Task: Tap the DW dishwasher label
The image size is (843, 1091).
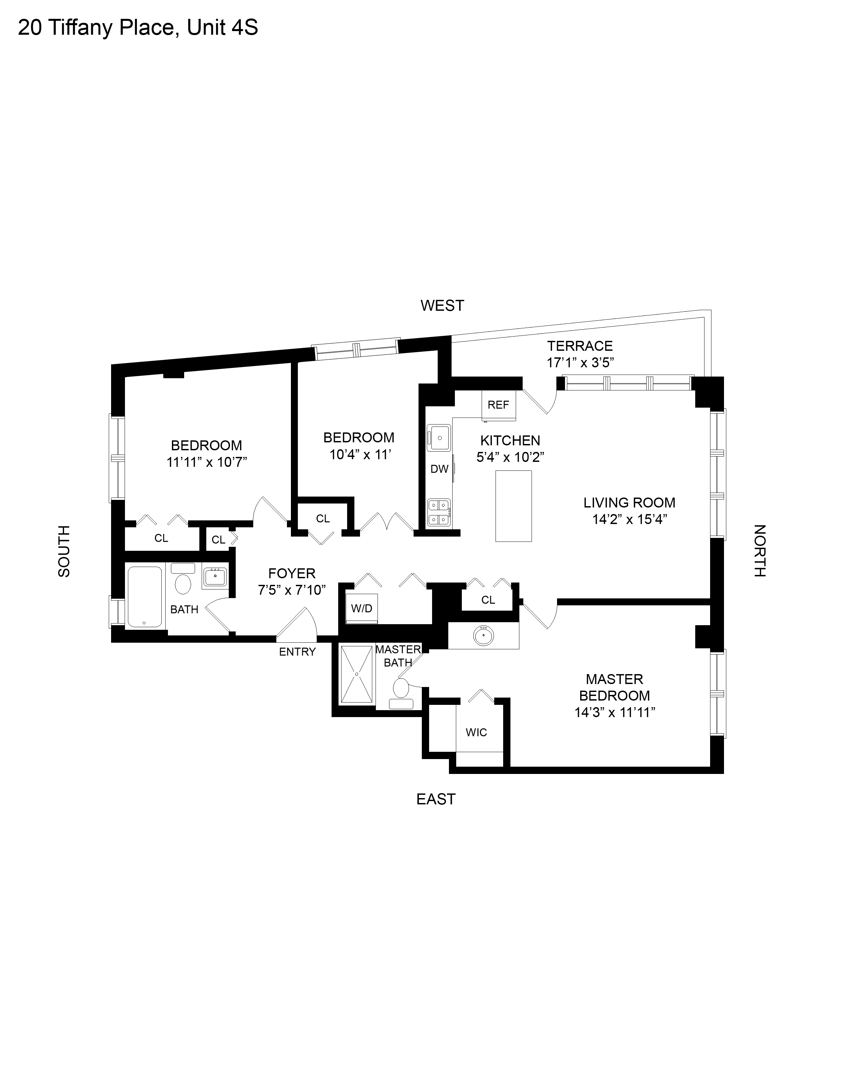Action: click(x=439, y=469)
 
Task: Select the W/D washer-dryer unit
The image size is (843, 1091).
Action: click(x=362, y=608)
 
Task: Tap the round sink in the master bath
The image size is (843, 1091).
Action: click(x=483, y=636)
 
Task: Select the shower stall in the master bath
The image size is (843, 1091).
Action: click(x=357, y=674)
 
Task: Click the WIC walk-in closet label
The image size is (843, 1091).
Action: click(x=476, y=732)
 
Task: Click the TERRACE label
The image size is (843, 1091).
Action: click(x=580, y=346)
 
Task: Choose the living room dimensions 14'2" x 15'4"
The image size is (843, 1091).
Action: click(x=630, y=519)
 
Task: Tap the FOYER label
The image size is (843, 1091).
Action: click(x=292, y=573)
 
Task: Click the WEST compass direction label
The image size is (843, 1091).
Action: click(x=442, y=305)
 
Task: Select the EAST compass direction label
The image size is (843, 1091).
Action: click(x=436, y=799)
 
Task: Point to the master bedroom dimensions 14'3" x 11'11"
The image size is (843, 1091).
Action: click(x=615, y=712)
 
